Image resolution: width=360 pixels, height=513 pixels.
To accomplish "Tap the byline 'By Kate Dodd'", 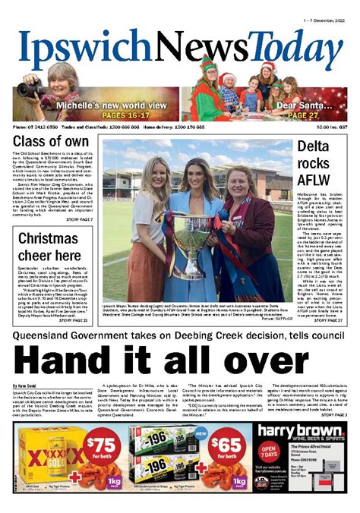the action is coord(26,387).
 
